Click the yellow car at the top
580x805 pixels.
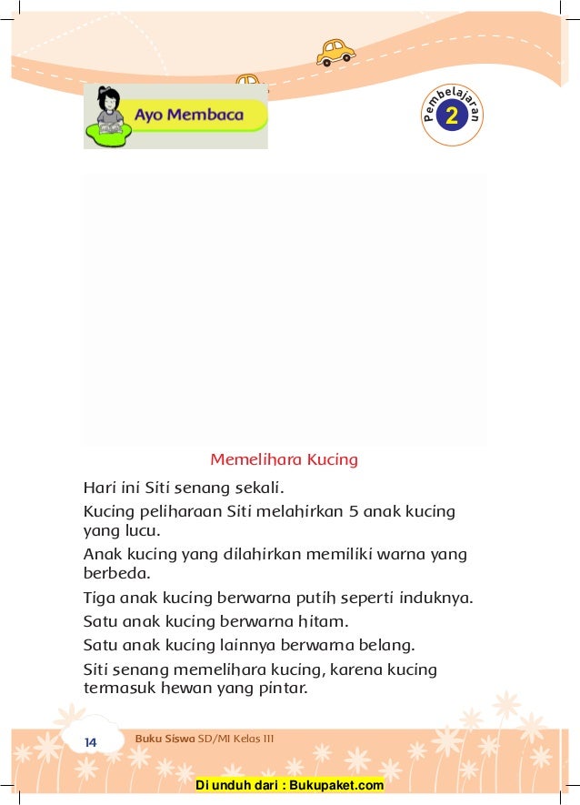click(335, 52)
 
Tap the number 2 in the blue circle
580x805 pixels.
click(452, 116)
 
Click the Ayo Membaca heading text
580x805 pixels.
click(189, 116)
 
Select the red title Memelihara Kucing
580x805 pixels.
click(284, 459)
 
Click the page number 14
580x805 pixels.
click(90, 742)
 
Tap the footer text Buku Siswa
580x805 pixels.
click(165, 738)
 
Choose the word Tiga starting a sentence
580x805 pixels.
click(98, 599)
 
